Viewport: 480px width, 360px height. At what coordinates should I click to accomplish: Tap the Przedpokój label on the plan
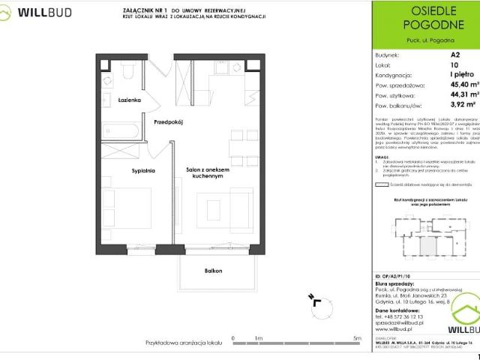click(x=169, y=121)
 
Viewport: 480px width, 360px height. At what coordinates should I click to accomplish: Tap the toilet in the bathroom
click(x=128, y=72)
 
